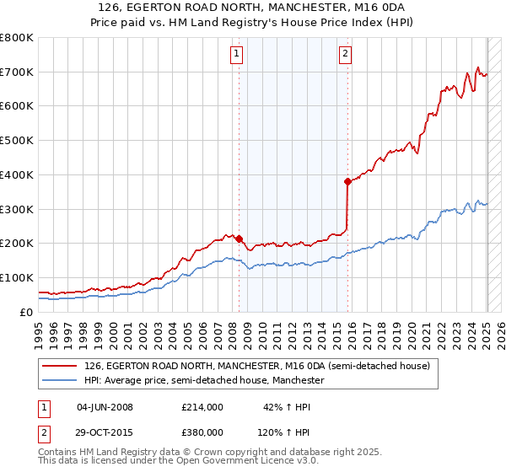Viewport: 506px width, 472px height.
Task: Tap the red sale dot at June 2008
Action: tap(239, 239)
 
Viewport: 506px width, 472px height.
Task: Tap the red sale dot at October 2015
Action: tap(347, 181)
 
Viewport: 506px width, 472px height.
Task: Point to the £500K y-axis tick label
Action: tap(16, 141)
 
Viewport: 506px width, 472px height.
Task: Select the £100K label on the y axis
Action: tap(16, 277)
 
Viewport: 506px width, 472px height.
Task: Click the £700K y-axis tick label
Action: tap(16, 72)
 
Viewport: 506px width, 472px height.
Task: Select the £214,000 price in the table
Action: tap(202, 406)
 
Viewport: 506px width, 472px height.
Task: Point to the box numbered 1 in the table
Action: tap(44, 406)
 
